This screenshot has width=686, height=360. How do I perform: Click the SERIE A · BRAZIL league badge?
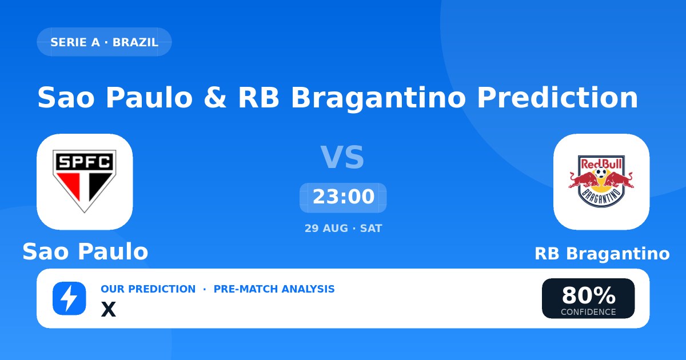coord(104,42)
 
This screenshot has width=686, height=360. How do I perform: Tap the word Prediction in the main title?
coord(557,97)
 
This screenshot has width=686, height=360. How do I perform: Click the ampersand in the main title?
coord(216,97)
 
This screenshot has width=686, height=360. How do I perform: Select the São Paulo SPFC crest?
coord(85,181)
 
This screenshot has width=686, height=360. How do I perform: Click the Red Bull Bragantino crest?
coord(601,181)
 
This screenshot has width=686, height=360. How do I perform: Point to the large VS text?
coord(342,157)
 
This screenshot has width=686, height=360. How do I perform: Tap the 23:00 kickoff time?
coord(344,197)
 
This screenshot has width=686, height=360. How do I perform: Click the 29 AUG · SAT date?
coord(344,229)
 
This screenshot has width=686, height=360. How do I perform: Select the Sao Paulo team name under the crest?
coord(85,251)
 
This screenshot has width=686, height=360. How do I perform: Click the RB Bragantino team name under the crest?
coord(602,254)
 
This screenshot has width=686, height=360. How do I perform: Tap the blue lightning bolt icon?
coord(69,298)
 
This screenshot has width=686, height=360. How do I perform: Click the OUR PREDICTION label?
coord(148,289)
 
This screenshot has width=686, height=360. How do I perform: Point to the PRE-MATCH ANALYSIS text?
coord(274,289)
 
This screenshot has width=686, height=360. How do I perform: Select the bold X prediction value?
coord(109,309)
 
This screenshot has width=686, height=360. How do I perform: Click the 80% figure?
coord(589,295)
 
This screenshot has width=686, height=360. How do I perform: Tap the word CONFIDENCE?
coord(588,312)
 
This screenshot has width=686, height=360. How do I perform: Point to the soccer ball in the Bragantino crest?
coord(601,172)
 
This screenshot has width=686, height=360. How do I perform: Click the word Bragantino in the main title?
coord(378,98)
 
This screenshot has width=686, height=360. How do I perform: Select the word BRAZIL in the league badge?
coord(135,42)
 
